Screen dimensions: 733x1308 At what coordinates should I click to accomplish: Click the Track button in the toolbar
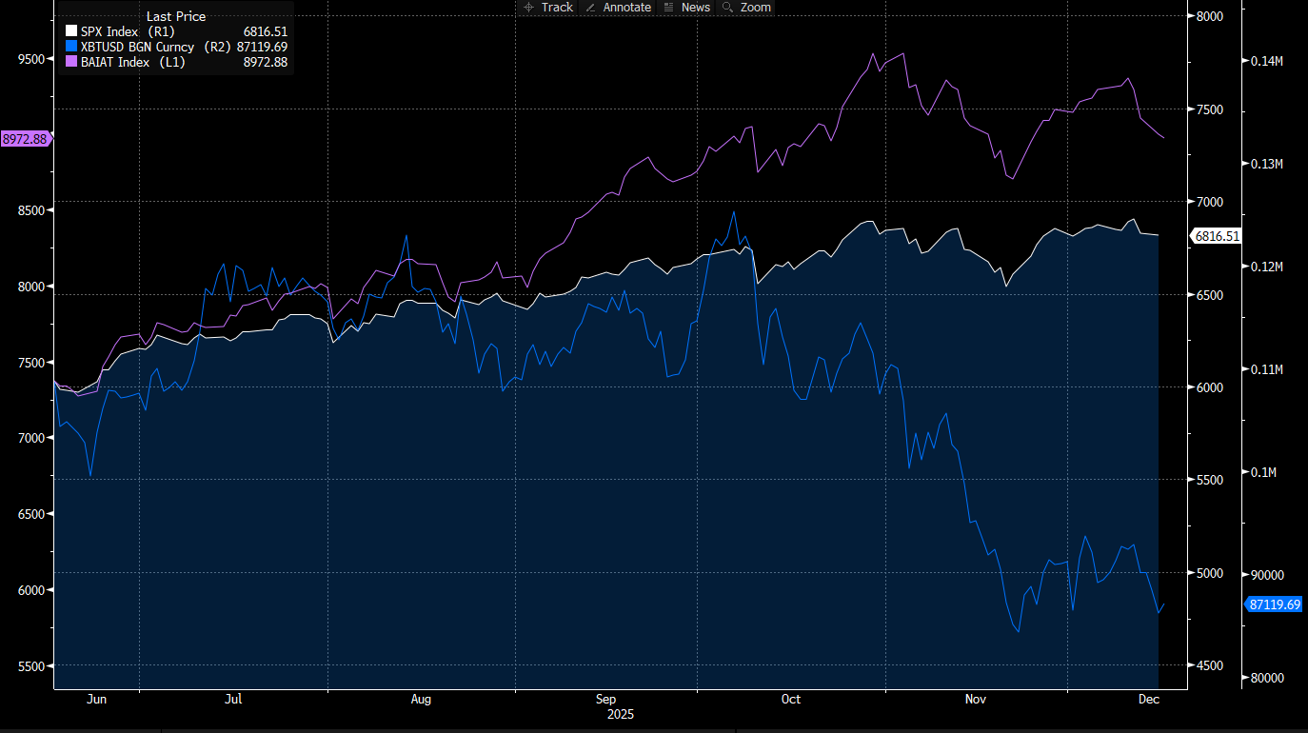click(548, 8)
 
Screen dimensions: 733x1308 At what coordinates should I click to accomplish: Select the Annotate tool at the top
click(618, 8)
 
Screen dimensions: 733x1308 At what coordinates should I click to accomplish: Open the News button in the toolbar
click(687, 8)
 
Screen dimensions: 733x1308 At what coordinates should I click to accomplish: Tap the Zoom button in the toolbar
click(747, 8)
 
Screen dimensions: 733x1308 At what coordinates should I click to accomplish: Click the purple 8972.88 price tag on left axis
click(25, 139)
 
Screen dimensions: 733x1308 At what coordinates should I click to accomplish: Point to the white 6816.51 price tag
click(1218, 236)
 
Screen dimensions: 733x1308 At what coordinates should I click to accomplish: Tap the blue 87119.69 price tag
click(1275, 604)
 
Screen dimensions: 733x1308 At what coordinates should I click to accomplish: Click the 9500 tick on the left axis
click(31, 59)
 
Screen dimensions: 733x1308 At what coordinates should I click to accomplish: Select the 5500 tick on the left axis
click(31, 666)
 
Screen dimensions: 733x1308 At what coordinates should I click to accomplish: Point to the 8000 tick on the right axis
click(1210, 17)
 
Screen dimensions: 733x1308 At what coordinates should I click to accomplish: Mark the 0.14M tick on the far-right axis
click(1267, 61)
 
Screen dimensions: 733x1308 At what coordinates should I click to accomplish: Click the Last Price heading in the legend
click(176, 16)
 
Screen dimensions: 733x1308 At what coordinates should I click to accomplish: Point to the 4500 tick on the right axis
click(1210, 666)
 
